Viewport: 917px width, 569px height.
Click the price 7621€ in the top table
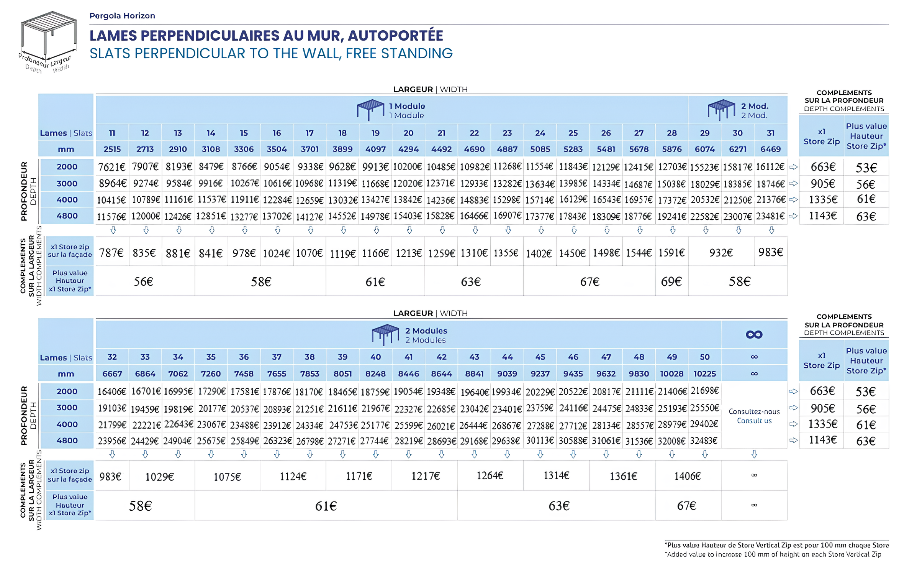tap(111, 167)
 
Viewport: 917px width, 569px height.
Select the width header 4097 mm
tap(375, 149)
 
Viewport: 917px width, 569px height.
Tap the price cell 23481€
tap(770, 216)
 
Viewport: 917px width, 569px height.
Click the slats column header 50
tap(705, 357)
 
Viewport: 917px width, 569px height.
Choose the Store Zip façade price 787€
tap(111, 253)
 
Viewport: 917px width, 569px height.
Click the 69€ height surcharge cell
tap(671, 282)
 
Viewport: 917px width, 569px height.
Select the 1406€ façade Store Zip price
tap(688, 476)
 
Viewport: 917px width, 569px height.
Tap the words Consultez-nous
tap(754, 412)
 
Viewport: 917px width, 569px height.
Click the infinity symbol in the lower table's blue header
tap(754, 335)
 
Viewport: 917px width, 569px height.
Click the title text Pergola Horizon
tap(122, 16)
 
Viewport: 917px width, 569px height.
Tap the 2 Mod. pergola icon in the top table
tap(721, 110)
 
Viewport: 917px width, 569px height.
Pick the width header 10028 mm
tap(671, 374)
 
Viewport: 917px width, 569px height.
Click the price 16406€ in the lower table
tap(111, 391)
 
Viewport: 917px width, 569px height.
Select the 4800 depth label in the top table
tap(67, 216)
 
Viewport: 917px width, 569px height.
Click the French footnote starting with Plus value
tap(777, 545)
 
